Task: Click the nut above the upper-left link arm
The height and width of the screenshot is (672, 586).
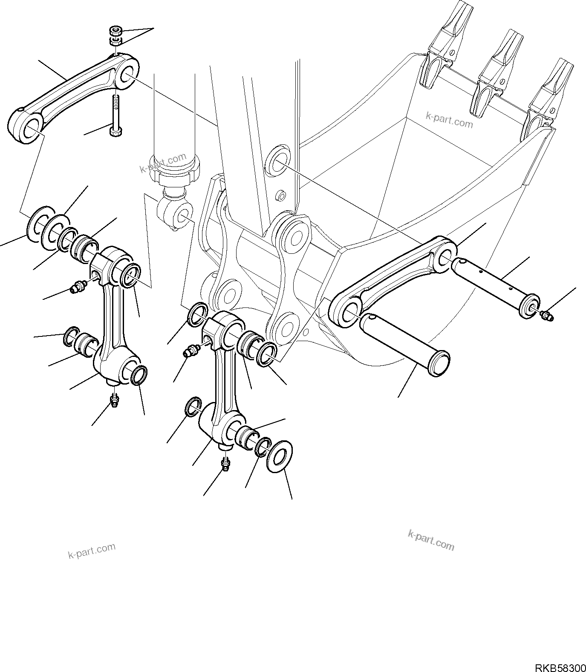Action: coord(115,31)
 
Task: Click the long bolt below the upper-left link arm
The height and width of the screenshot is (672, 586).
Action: coord(115,115)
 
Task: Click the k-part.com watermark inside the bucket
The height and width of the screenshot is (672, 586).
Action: coord(450,119)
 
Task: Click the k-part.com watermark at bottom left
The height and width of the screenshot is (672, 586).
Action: coord(92,551)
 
